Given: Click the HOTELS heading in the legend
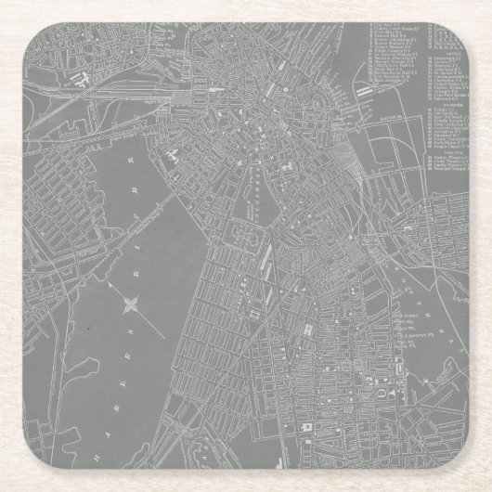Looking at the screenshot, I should pos(450,53).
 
